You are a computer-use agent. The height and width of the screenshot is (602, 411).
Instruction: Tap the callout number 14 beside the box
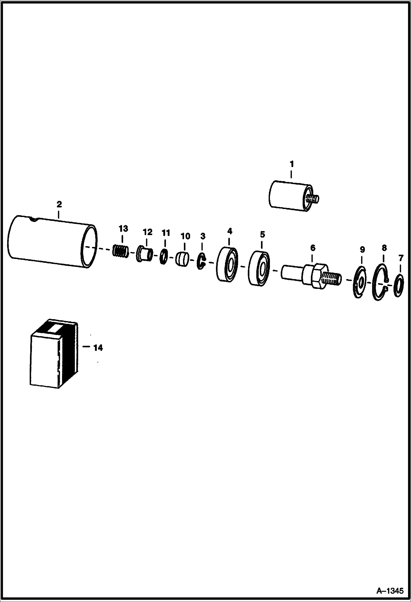click(98, 348)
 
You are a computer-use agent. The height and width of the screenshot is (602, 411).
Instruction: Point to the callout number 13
click(123, 228)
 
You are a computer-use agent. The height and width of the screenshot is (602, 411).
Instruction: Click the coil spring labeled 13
click(120, 251)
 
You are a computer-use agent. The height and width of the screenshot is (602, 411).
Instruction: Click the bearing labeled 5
click(259, 268)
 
